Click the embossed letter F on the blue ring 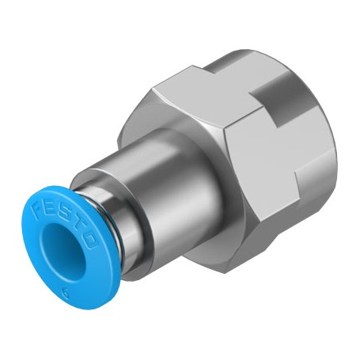coord(38,208)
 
